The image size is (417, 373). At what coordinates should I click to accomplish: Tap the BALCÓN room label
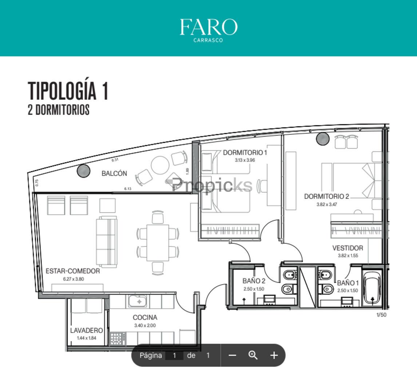point(114,173)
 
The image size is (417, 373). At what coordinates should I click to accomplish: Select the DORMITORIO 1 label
point(245,153)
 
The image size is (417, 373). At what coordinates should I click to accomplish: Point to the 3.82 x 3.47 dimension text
point(327,204)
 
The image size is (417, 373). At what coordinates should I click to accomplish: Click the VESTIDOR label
point(347,248)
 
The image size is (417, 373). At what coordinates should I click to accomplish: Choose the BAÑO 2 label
point(254,281)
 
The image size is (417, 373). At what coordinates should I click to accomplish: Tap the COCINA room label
point(145,317)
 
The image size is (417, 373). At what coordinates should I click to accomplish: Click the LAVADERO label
point(87,330)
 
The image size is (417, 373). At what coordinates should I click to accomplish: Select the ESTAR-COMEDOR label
point(73,271)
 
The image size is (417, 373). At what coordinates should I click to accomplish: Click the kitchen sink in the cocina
point(138,301)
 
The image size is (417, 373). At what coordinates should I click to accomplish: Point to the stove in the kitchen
point(117,339)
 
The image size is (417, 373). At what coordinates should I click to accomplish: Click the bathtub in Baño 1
point(372,288)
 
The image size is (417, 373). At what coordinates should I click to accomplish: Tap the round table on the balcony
point(160,165)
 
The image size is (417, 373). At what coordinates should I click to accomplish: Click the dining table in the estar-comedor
point(158,243)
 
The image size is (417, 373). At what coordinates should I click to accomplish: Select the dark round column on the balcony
point(83,171)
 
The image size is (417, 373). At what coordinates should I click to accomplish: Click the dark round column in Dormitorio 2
point(323,138)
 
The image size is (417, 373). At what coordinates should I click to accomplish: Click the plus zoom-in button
point(274,355)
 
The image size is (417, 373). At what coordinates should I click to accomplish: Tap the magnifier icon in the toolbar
point(253,355)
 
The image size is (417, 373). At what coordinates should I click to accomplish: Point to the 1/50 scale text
point(381,315)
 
